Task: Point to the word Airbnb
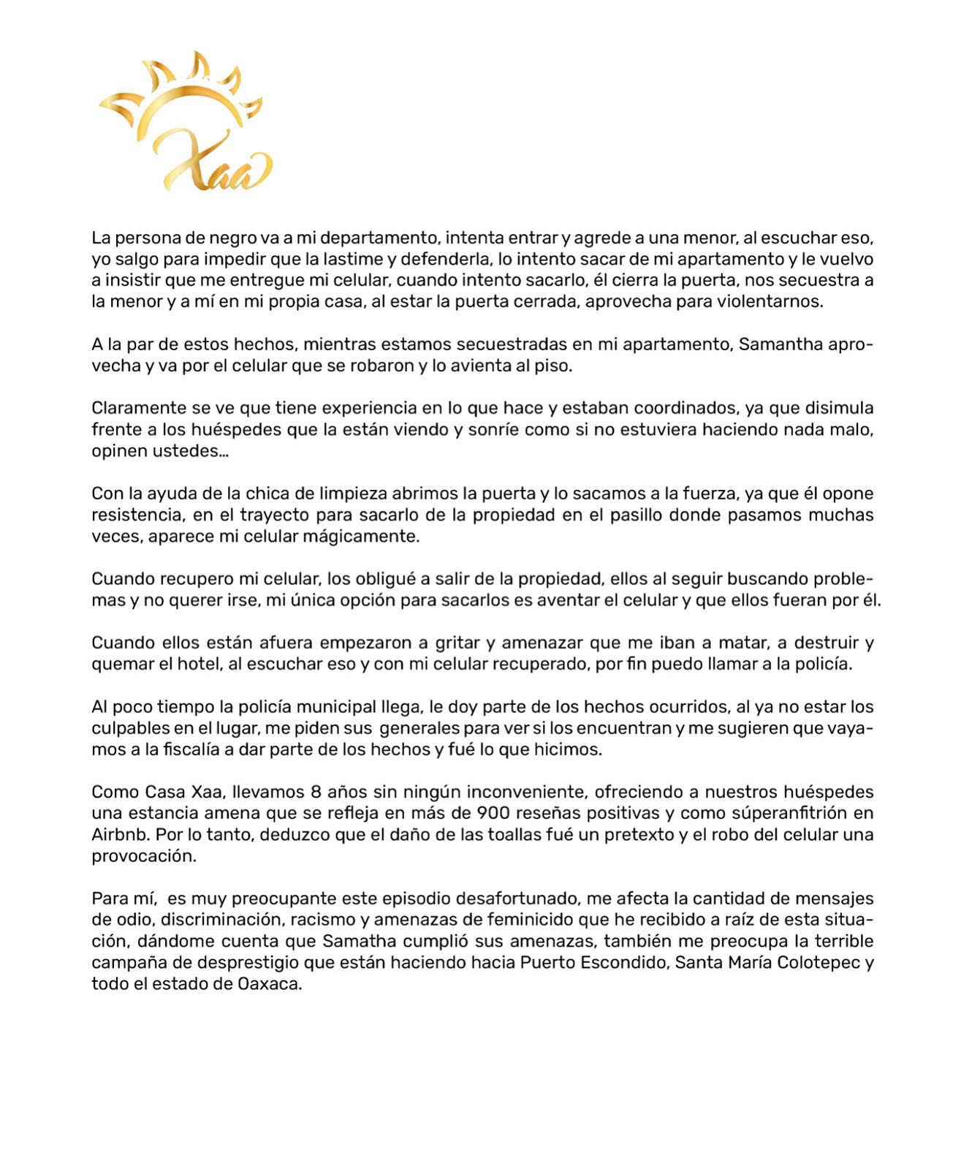coord(121,834)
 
